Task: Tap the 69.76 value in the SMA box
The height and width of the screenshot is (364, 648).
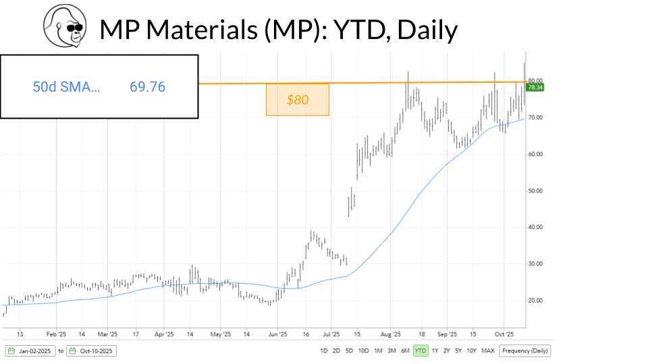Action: click(x=147, y=87)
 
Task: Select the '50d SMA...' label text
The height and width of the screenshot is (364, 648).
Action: click(x=66, y=87)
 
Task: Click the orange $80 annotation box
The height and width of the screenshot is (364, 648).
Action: click(x=298, y=100)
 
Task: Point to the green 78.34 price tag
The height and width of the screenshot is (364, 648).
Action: click(x=536, y=88)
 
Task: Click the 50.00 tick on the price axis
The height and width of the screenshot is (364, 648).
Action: click(x=535, y=191)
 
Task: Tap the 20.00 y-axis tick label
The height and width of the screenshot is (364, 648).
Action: click(x=535, y=301)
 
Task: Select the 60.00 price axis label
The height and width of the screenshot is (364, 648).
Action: click(x=535, y=154)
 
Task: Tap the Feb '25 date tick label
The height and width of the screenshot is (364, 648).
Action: click(x=56, y=334)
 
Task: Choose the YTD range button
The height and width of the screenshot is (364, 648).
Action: click(x=421, y=351)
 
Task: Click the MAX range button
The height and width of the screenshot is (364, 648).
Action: click(x=488, y=351)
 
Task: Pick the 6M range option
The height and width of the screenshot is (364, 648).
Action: click(x=405, y=351)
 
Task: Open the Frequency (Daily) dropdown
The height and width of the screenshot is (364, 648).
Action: click(x=525, y=351)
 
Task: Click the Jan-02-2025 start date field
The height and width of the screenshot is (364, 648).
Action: click(x=30, y=351)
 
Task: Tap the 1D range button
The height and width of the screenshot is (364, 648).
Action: click(x=324, y=351)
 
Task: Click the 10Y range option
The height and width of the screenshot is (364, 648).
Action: click(x=472, y=351)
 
